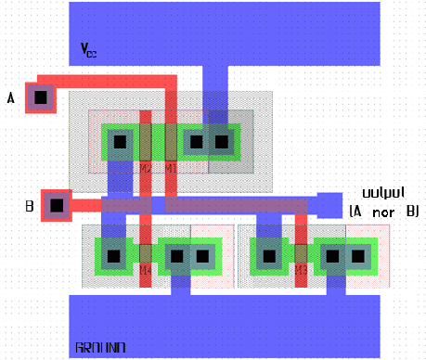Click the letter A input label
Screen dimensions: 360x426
(x=10, y=96)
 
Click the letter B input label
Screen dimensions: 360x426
(x=31, y=206)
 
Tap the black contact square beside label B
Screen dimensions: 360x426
(x=57, y=206)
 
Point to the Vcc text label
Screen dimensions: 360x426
(x=88, y=51)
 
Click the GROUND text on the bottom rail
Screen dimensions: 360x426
(x=100, y=349)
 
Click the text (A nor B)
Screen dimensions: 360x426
(x=382, y=212)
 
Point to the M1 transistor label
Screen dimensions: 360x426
(x=171, y=168)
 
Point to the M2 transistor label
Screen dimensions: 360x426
(x=146, y=168)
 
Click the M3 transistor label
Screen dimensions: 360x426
(x=301, y=269)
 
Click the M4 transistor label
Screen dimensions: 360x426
(x=146, y=270)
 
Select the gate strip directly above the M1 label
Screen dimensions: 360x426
(x=171, y=142)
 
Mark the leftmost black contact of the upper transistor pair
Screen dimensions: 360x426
(x=119, y=142)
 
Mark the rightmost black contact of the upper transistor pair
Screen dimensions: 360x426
(x=221, y=142)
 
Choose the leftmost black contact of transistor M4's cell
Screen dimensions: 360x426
(x=113, y=255)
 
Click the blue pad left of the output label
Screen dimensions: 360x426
(x=329, y=204)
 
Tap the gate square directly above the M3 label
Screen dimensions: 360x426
(x=301, y=252)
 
